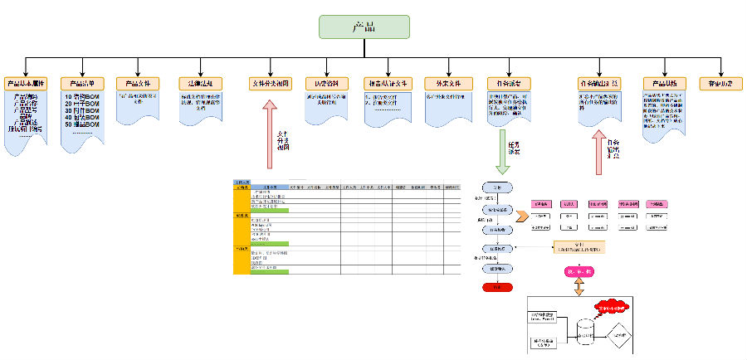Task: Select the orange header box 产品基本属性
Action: pyautogui.click(x=26, y=84)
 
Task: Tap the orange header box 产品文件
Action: pyautogui.click(x=137, y=84)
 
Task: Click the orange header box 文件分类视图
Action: pyautogui.click(x=269, y=84)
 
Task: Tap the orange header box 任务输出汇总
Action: pyautogui.click(x=598, y=84)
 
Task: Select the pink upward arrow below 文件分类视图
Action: pyautogui.click(x=269, y=133)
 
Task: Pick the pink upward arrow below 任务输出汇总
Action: pyautogui.click(x=598, y=149)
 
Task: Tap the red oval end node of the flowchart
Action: pyautogui.click(x=496, y=287)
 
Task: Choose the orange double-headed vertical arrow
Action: pyautogui.click(x=579, y=286)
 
